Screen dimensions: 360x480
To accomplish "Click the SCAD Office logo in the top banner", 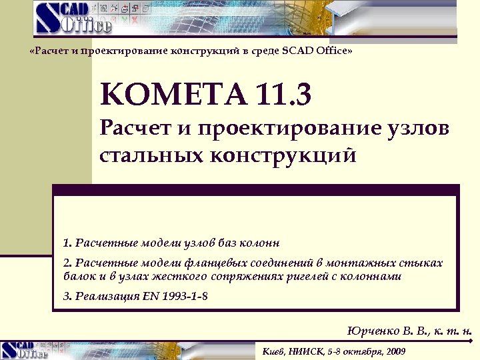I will [74, 18].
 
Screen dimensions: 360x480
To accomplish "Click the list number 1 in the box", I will [66, 242].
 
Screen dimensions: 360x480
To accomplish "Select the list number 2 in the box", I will [66, 263].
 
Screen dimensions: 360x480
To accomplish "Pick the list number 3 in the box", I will [66, 296].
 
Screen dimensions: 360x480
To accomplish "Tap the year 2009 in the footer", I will [394, 351].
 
